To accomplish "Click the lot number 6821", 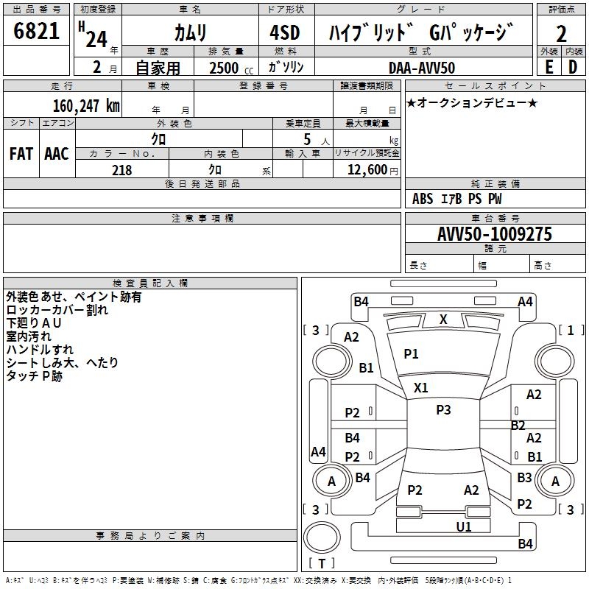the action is pos(36,31).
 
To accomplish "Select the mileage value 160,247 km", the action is pos(86,105).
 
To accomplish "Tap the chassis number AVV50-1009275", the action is pos(495,233).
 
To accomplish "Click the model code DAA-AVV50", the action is pos(422,68).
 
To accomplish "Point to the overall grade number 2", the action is pos(561,34).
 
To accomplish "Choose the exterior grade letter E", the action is pos(549,67).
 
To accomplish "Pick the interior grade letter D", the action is pos(573,67).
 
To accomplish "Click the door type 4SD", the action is pos(285,32).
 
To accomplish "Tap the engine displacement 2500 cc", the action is pos(231,68).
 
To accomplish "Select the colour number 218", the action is pos(121,170).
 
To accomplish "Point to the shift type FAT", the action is pos(21,154).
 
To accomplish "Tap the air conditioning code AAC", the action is pos(57,154).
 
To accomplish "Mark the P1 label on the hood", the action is pos(411,353).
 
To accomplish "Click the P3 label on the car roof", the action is pos(443,409).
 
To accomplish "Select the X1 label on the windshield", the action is pos(420,387).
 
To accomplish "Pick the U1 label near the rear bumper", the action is pos(464,526).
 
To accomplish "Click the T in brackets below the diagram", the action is pos(322,563).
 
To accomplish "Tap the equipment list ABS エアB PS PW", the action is pos(456,198).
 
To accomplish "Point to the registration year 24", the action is pos(96,39).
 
